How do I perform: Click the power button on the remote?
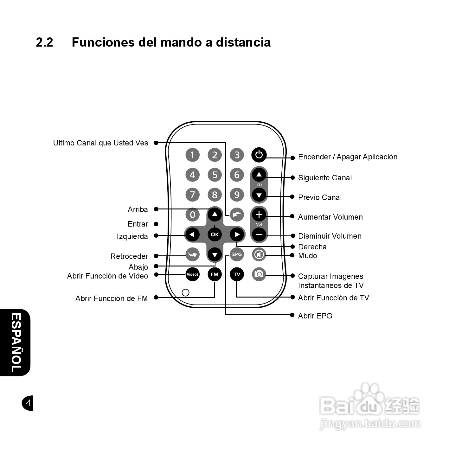(x=259, y=155)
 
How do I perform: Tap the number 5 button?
(x=215, y=175)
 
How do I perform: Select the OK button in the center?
(x=215, y=234)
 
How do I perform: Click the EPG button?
(x=237, y=254)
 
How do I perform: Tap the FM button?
(x=215, y=274)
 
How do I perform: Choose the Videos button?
(x=192, y=274)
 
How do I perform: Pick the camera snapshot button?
(x=259, y=274)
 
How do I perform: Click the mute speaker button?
(x=259, y=254)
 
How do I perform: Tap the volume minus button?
(x=259, y=234)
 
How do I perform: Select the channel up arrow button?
(x=259, y=175)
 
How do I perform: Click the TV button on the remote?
(x=237, y=274)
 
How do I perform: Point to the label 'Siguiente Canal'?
(x=325, y=178)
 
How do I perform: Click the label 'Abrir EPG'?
(x=315, y=316)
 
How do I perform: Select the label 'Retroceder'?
(x=129, y=256)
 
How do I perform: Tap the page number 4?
(x=28, y=403)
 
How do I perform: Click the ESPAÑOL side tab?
(x=16, y=342)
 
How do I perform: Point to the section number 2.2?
(x=44, y=42)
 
